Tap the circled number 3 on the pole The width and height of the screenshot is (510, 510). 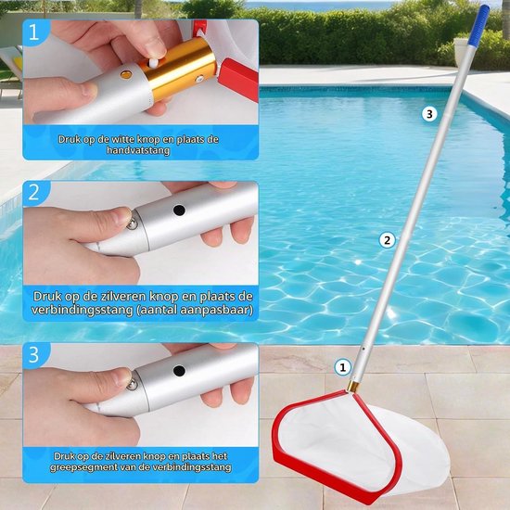coord(429,114)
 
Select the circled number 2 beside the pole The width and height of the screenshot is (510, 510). coord(387,240)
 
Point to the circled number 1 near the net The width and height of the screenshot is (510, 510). coord(342,367)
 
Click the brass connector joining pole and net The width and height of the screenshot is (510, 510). coord(353,387)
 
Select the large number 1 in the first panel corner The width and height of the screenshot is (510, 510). coord(33,32)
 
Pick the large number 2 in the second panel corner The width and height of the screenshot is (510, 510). coord(33,193)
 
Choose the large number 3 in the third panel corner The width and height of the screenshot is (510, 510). coord(33,354)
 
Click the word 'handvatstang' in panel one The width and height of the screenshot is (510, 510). coord(138,150)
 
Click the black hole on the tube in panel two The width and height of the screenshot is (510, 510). coord(179,210)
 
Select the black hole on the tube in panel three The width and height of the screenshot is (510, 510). coord(179,371)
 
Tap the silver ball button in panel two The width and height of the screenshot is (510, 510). coord(132,224)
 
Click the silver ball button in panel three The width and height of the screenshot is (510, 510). coord(132,385)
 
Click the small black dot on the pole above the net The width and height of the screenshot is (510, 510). coord(363,349)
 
